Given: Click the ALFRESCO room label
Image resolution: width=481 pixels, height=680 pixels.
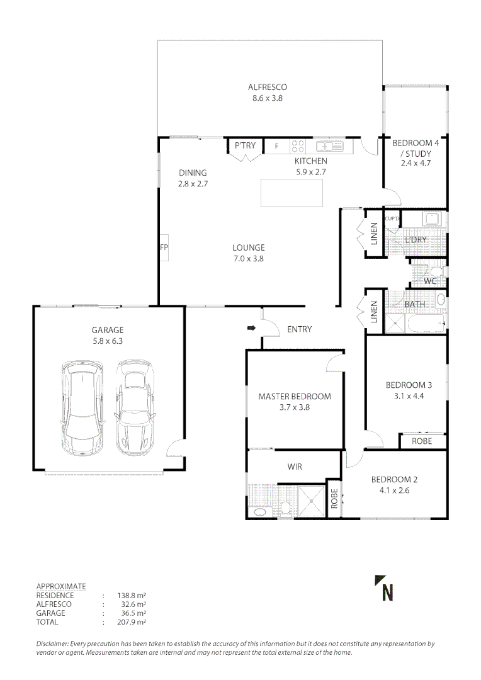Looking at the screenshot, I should (268, 88).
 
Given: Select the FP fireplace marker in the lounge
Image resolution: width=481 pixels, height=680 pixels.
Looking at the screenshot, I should (163, 247).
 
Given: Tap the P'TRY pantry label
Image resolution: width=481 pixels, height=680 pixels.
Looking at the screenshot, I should (245, 146).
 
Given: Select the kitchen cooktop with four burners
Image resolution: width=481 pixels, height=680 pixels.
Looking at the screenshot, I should (298, 147).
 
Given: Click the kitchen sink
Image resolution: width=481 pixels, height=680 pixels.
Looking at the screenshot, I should (328, 147).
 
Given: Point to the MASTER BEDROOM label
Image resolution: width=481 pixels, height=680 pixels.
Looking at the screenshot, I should (295, 397).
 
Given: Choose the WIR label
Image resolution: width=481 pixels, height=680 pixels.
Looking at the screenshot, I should (295, 467).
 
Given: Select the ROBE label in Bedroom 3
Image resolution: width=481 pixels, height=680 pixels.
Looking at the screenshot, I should (422, 441).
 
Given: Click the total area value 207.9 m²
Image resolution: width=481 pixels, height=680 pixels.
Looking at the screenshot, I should (132, 622).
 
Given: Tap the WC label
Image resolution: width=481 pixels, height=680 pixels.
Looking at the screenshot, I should (430, 281).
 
